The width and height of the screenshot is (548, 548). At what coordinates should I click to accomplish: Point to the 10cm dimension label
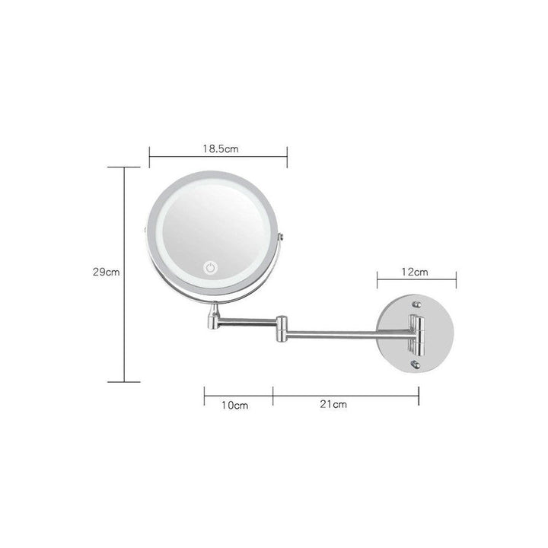pyautogui.click(x=235, y=405)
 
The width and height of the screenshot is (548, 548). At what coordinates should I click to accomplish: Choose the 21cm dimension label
pyautogui.click(x=333, y=405)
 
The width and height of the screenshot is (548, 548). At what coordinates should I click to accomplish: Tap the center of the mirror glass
pyautogui.click(x=215, y=233)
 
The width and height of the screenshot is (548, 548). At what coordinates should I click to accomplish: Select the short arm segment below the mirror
pyautogui.click(x=245, y=323)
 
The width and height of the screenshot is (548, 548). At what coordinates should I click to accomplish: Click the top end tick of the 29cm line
pyautogui.click(x=125, y=167)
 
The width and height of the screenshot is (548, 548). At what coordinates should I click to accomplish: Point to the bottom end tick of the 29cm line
pyautogui.click(x=125, y=381)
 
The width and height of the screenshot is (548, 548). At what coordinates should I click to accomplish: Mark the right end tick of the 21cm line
pyautogui.click(x=419, y=394)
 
